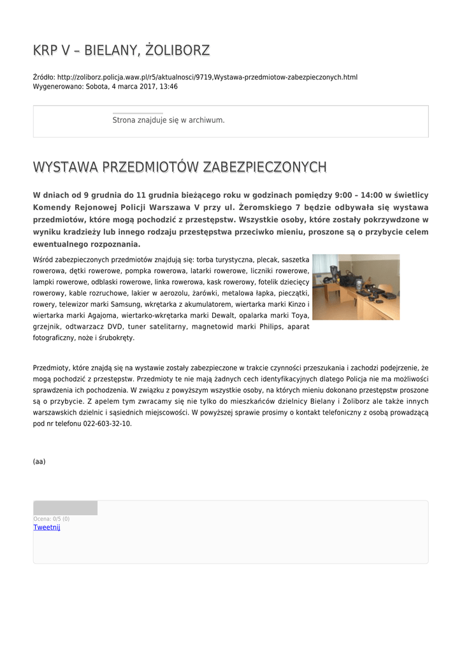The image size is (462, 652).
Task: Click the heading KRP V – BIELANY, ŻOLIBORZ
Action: point(121,50)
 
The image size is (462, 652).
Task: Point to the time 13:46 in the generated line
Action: point(168,86)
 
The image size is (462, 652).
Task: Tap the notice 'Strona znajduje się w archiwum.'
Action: point(168,120)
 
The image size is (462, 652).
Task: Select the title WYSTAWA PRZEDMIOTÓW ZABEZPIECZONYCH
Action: point(180,167)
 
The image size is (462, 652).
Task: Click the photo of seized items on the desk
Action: point(356,287)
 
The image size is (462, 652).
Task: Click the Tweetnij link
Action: point(47,527)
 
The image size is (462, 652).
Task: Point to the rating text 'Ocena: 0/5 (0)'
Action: point(52,519)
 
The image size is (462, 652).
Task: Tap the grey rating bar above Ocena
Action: point(65,507)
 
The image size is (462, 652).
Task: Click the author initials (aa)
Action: point(39,462)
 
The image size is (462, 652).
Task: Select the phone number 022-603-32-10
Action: point(107,423)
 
